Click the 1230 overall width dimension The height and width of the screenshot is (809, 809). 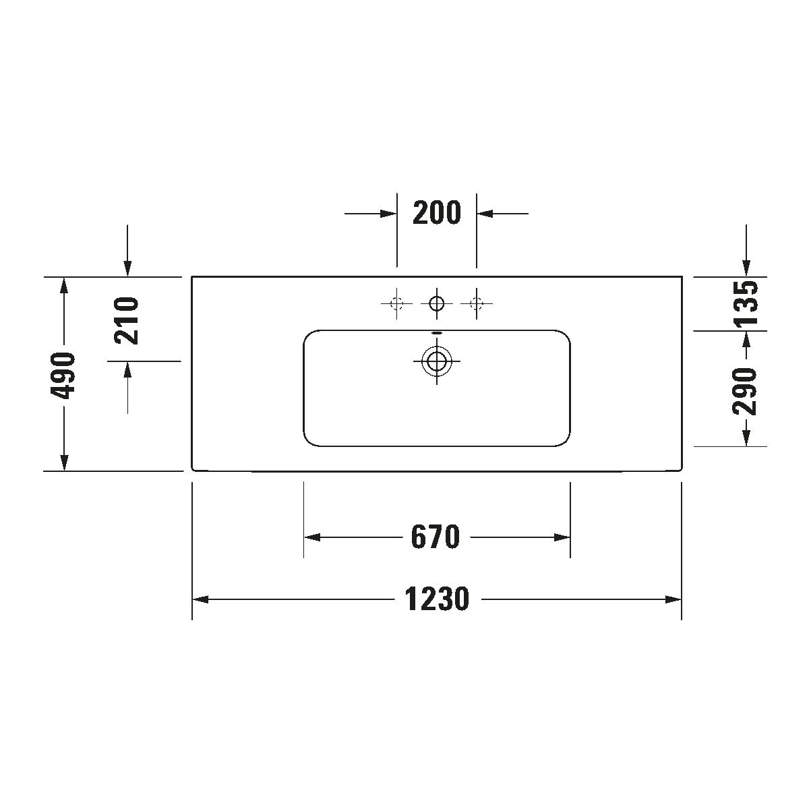click(x=437, y=599)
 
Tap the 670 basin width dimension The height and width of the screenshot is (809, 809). click(x=436, y=537)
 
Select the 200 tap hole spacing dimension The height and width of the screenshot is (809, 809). click(x=437, y=212)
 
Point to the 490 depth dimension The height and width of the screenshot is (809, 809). click(x=63, y=376)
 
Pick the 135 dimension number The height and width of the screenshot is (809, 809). click(x=746, y=303)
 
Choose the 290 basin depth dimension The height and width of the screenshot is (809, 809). click(x=745, y=392)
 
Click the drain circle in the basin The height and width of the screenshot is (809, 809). click(x=437, y=361)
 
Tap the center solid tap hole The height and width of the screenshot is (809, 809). click(x=437, y=303)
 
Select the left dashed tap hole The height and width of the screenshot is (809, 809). click(x=396, y=303)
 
